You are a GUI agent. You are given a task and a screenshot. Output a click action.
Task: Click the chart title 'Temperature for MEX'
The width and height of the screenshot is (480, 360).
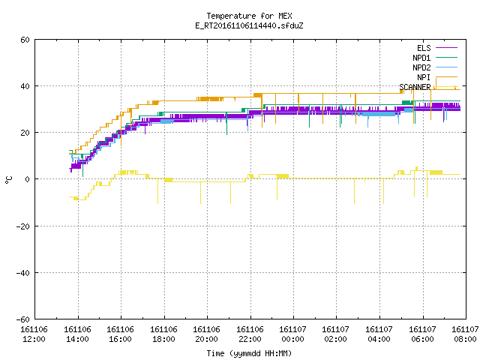coord(249,16)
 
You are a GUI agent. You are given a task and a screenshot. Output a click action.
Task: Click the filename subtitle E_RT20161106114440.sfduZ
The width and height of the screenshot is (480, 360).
coord(249,25)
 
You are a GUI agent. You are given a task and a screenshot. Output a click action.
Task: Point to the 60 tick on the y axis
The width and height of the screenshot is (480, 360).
coord(25,40)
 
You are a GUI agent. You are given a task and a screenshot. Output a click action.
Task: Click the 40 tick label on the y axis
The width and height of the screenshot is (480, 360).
coord(25,86)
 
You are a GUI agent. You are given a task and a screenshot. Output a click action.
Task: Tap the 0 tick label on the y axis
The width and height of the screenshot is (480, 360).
coord(27,179)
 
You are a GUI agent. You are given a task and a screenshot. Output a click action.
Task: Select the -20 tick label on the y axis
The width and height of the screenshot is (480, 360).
coord(23,226)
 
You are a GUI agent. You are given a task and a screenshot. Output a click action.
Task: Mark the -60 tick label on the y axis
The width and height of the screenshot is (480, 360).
coord(23,319)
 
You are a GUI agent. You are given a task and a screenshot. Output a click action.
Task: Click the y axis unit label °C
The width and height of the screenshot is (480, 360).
coord(8,180)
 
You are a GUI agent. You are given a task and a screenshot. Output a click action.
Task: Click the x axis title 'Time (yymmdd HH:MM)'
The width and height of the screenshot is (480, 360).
coord(249,353)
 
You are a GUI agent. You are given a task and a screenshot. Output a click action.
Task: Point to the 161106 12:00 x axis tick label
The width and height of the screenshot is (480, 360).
coord(34,334)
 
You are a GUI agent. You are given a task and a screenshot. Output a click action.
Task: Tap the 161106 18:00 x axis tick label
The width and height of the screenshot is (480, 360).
coord(163,334)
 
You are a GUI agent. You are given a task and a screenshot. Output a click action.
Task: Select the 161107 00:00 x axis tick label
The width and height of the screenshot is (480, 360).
coord(292,334)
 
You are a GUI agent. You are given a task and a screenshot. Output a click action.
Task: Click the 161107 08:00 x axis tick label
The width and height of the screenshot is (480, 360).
coord(465,334)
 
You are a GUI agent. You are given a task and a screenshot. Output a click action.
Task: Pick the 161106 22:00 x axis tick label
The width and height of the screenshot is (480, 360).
coord(250,334)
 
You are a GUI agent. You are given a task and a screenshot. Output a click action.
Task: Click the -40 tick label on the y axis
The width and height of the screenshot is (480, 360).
coord(23,273)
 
